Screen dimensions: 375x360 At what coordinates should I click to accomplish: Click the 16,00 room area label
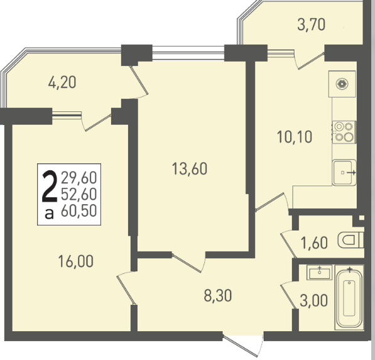(x=75, y=261)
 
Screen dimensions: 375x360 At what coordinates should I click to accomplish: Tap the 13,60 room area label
(x=190, y=168)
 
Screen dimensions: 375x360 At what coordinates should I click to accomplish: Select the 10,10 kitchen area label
(x=295, y=137)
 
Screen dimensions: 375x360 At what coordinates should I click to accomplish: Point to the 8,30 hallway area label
(x=218, y=295)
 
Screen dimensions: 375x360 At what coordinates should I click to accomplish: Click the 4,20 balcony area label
(x=62, y=82)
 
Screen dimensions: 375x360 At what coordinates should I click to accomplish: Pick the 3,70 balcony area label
(x=311, y=25)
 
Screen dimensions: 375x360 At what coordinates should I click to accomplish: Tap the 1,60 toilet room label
(x=314, y=243)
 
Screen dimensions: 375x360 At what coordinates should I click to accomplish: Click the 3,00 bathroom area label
(x=313, y=300)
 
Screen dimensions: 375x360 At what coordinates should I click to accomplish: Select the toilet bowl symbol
(x=351, y=240)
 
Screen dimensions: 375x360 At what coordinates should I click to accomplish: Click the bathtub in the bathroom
(x=349, y=297)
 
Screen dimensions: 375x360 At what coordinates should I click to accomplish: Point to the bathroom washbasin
(x=320, y=273)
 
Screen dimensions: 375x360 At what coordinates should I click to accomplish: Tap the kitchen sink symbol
(x=344, y=172)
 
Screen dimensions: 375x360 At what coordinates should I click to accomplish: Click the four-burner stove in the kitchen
(x=344, y=133)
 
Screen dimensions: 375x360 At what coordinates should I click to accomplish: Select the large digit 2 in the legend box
(x=50, y=187)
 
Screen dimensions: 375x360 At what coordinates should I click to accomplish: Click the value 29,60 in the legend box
(x=79, y=178)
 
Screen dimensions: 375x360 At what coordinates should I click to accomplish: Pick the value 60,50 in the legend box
(x=79, y=210)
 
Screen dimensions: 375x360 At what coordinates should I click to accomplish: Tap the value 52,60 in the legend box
(x=79, y=194)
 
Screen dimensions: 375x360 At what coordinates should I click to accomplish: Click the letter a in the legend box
(x=49, y=214)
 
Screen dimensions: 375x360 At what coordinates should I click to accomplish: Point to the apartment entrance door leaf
(x=240, y=346)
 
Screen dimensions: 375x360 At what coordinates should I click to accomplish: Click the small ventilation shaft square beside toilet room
(x=362, y=217)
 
